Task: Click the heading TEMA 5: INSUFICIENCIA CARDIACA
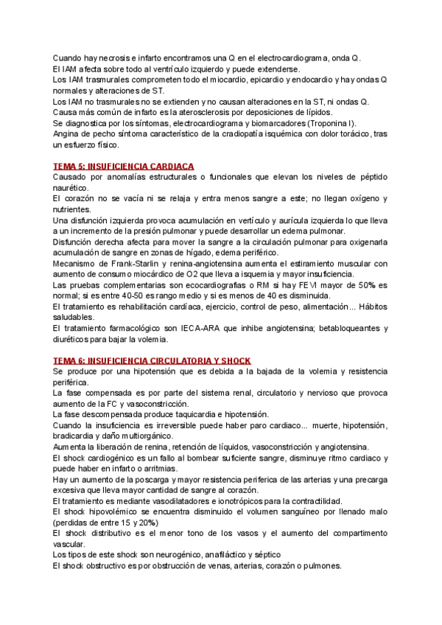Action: click(124, 167)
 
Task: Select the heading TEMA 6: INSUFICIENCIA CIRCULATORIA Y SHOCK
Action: click(152, 360)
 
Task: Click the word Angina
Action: click(68, 134)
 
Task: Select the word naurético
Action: click(72, 189)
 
